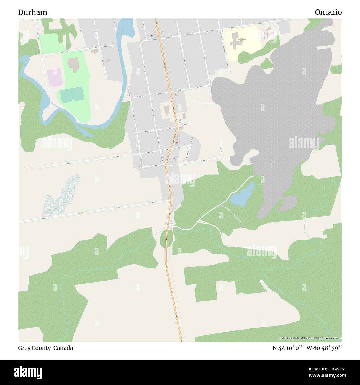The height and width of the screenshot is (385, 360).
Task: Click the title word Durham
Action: (33, 12)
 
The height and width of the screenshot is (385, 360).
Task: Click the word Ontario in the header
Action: (328, 12)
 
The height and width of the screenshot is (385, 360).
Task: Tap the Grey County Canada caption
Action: (45, 348)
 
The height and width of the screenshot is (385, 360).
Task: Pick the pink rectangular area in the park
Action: (54, 77)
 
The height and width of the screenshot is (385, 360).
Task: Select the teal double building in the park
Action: (72, 95)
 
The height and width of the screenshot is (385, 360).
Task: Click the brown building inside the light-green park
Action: (74, 64)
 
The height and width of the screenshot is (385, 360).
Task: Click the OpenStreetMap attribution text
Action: (310, 338)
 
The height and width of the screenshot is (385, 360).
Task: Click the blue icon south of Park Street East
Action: (174, 158)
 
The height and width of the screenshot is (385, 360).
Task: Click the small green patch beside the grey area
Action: (267, 64)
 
